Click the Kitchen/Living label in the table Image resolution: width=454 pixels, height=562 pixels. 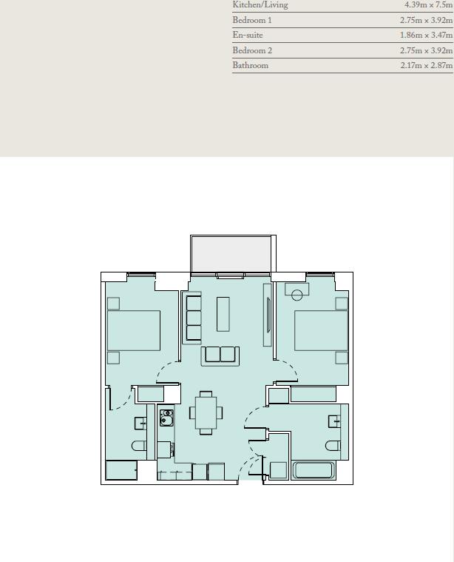pos(260,5)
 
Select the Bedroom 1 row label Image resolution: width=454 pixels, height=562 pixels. pos(252,21)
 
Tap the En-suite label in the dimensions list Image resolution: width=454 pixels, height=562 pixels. pos(248,36)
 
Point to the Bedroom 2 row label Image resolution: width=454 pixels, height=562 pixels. pos(252,50)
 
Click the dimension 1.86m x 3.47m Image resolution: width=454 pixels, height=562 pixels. pos(426,36)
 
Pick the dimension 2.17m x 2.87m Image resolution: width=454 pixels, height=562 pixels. pos(426,65)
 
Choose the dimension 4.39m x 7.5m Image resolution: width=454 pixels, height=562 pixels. pos(428,5)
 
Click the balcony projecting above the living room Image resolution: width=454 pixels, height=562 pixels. pos(232,254)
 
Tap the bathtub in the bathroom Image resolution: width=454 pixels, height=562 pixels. pos(314,470)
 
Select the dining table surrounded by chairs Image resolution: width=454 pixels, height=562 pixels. pos(206,412)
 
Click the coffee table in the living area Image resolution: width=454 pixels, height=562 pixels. pos(223,314)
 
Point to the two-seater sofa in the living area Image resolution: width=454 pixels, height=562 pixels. pos(220,355)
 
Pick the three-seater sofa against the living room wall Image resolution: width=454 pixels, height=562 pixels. pos(194,318)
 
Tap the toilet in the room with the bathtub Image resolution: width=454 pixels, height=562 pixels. pos(333,445)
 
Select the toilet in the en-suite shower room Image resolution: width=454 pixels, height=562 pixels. pos(140,445)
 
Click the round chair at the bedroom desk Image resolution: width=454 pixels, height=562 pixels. pos(297,295)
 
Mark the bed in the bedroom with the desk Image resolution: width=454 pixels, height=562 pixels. pos(321,330)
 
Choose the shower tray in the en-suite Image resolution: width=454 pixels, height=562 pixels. pos(121,470)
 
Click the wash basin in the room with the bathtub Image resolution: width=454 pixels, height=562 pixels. pos(335,421)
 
